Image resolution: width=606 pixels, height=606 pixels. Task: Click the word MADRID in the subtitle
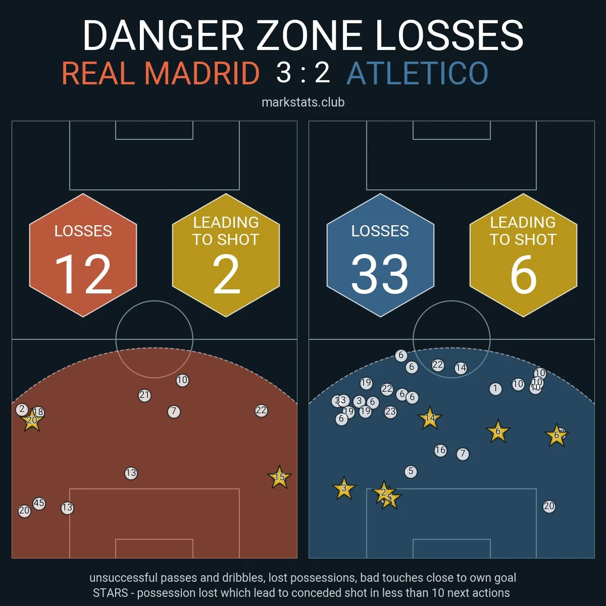point(202,74)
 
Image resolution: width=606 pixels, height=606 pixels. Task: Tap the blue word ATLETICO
point(418,74)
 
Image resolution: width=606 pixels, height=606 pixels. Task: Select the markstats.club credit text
point(303,102)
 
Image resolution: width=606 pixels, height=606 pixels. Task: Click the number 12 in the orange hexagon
point(83,275)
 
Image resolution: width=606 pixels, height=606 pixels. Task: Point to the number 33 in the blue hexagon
point(380,275)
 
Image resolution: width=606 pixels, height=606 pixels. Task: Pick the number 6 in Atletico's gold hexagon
point(523,275)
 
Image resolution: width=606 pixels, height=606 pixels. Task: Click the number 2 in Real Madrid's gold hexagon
point(226,275)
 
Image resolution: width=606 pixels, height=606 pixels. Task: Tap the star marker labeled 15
point(279,477)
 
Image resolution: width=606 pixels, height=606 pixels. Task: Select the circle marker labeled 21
point(144,395)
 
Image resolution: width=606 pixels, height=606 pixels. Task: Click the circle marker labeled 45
point(39,503)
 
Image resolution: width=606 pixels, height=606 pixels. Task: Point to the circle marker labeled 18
point(38,412)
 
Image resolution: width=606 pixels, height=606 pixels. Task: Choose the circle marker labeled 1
point(495,389)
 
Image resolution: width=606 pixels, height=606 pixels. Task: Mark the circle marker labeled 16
point(440,450)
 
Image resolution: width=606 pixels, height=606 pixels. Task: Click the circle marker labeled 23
point(390,412)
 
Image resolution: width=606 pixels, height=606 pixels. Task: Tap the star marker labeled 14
point(430,418)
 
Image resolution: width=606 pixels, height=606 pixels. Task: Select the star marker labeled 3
point(344,488)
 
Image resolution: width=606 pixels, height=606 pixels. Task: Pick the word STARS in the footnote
point(110,592)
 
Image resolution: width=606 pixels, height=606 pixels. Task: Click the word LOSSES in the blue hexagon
point(380,231)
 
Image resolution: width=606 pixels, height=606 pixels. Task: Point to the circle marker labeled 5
point(411,472)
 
